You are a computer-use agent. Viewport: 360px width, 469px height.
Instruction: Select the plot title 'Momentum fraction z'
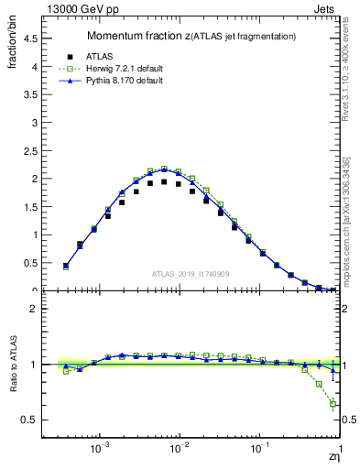(x=138, y=36)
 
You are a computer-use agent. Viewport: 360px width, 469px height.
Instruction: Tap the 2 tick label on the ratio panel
(x=35, y=309)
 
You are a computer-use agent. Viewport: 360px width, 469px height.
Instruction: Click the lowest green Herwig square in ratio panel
(x=333, y=404)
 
